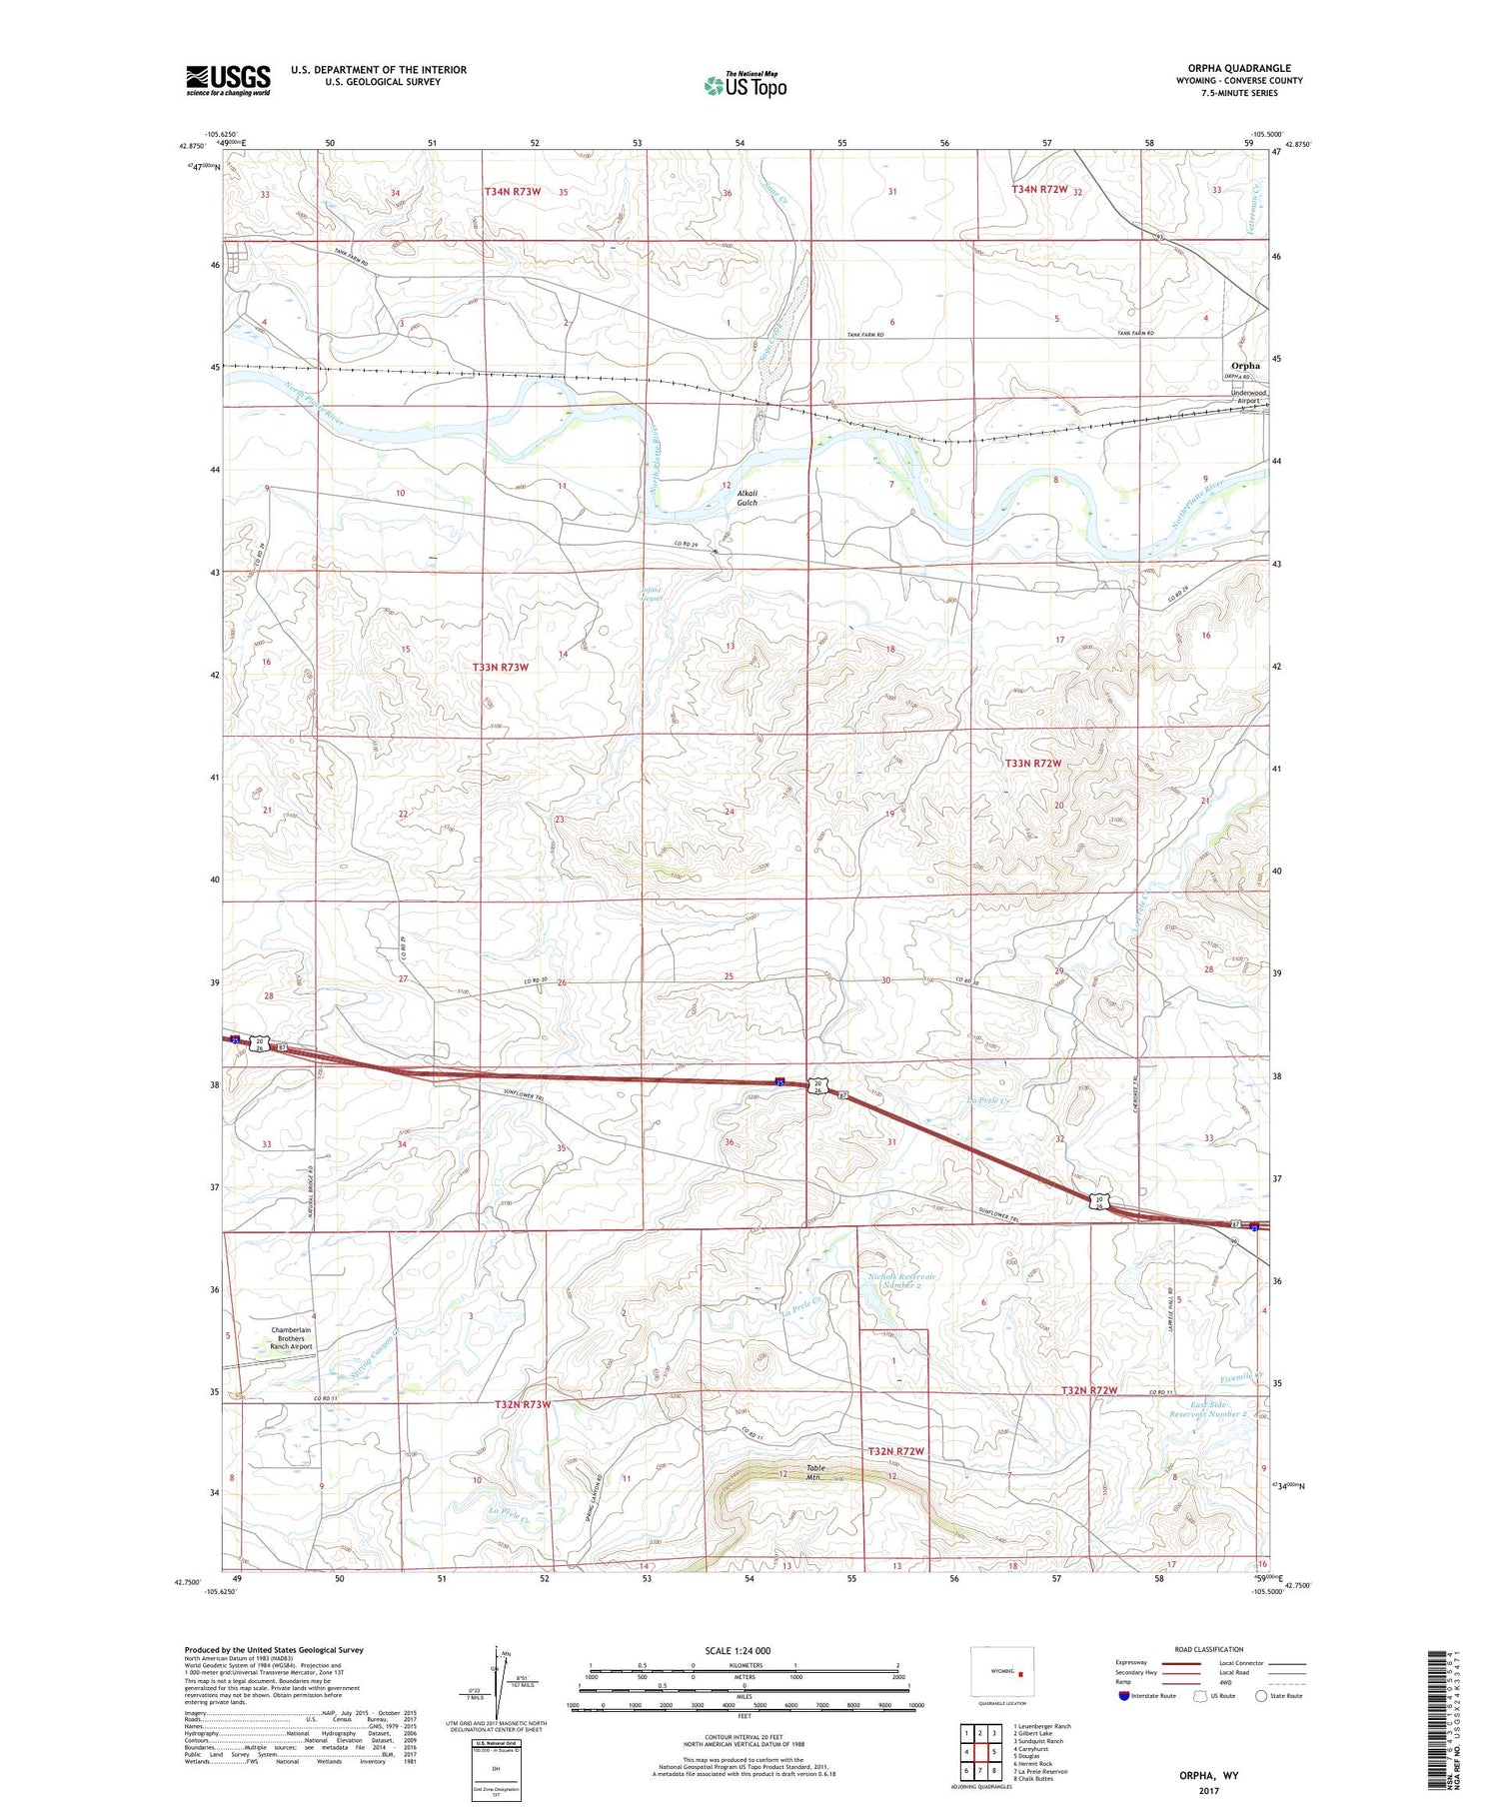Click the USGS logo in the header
(228, 80)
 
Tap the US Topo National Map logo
(745, 86)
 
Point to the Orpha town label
(1245, 366)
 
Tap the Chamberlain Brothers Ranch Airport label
(292, 1338)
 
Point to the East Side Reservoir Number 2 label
(1209, 1409)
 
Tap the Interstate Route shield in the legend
(1124, 1696)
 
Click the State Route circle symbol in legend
(1262, 1696)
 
